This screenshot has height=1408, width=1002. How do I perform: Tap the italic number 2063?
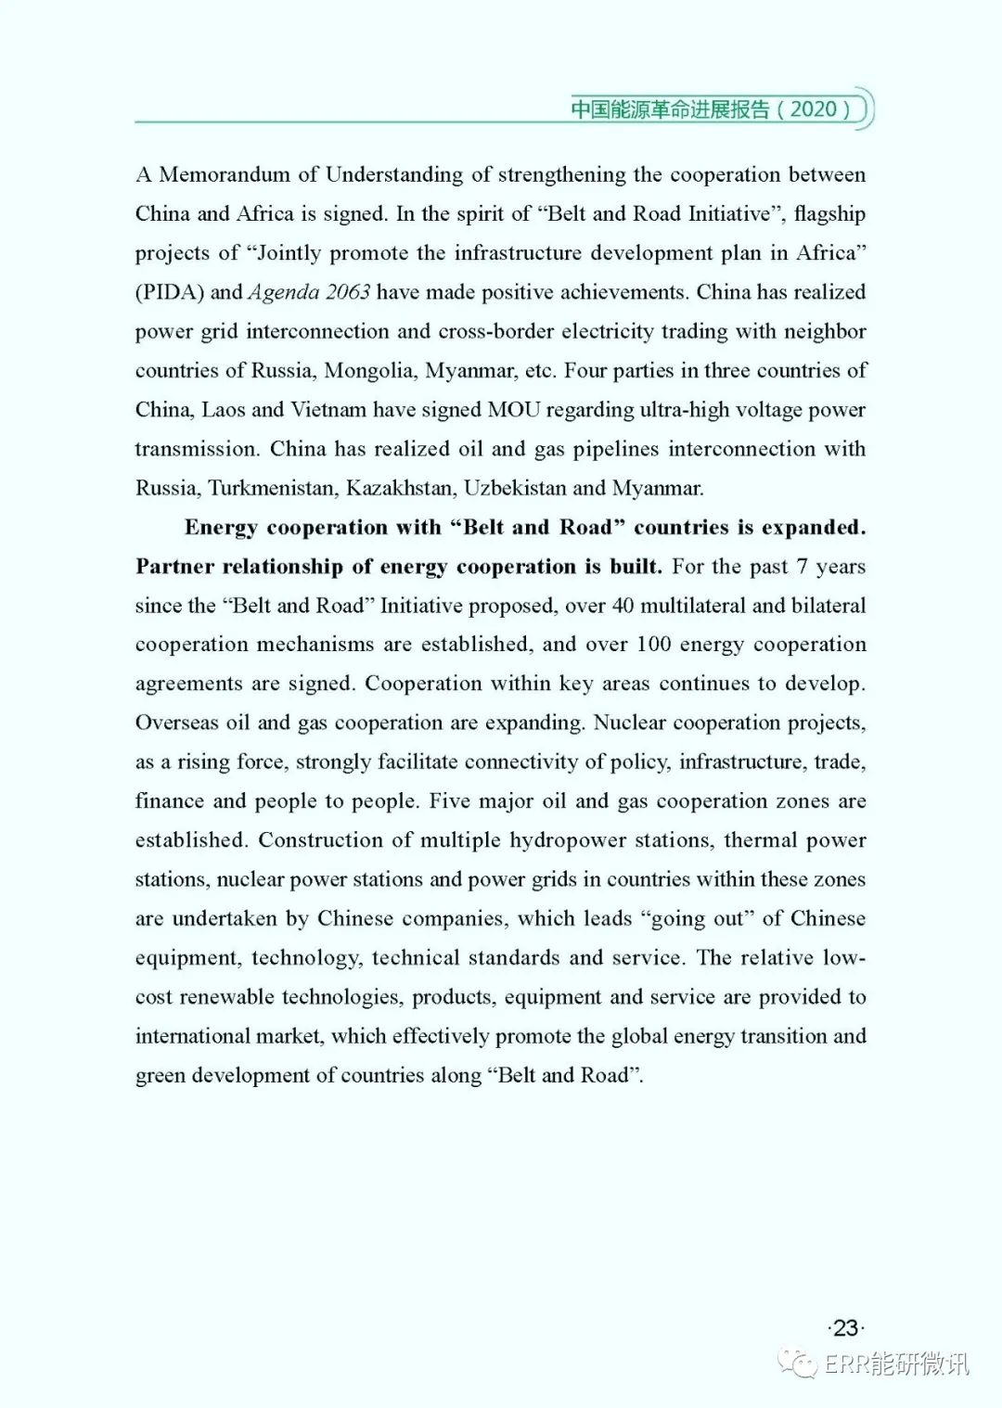348,292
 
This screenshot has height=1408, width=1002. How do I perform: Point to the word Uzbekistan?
516,488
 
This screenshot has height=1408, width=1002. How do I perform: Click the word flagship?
829,214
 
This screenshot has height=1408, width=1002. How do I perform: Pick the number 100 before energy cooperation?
654,645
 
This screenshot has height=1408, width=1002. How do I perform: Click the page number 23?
845,1328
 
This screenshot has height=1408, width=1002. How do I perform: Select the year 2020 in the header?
814,109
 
